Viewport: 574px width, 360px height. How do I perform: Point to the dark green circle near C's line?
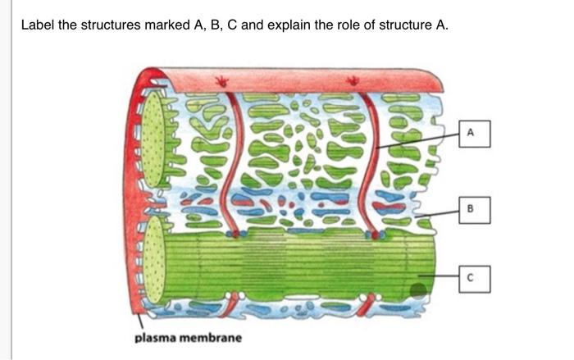coord(418,289)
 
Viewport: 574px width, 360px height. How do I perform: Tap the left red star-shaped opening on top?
coord(221,80)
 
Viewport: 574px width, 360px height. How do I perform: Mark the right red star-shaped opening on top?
coord(353,80)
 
